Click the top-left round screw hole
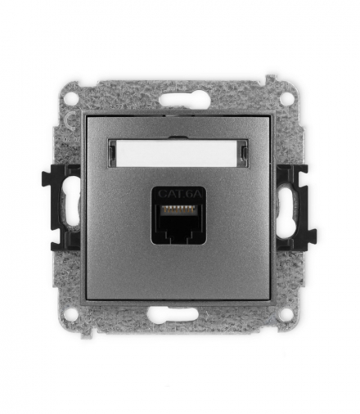(73, 98)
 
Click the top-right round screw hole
(286, 98)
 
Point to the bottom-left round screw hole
(73, 314)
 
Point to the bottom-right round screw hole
(286, 314)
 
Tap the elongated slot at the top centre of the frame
(180, 100)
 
